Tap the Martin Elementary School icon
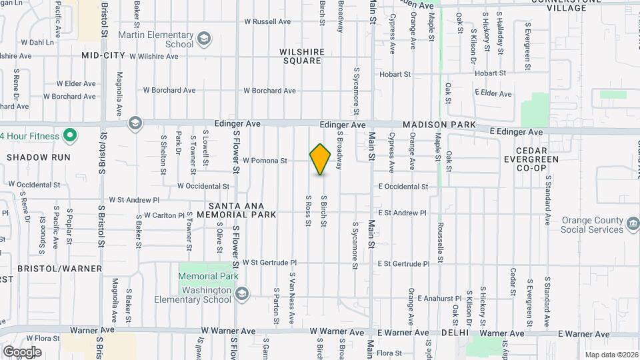[203, 37]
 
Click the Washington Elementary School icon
[242, 294]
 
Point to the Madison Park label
[439, 125]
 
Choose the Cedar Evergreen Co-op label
[531, 159]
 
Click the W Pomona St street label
[265, 161]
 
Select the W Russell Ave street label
[267, 21]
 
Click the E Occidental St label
[403, 187]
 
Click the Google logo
[22, 351]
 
